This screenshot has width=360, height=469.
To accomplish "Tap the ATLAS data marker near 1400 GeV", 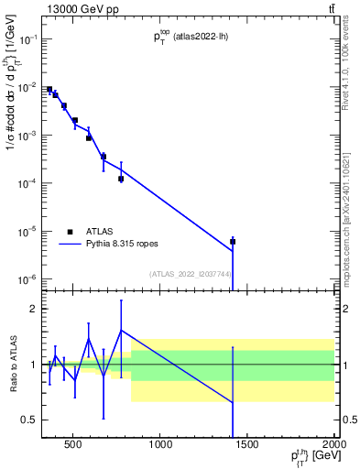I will coord(233,242).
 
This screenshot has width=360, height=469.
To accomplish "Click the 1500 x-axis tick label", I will coord(247,447).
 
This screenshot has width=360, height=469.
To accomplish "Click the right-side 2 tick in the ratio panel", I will coord(344,309).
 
